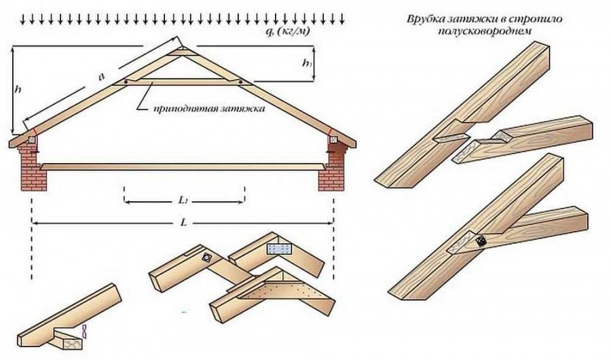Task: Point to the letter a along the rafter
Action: click(101, 77)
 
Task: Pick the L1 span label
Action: click(183, 202)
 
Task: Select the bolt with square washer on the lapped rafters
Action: click(206, 259)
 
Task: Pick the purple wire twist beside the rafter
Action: click(85, 331)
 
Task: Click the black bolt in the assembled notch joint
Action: click(481, 241)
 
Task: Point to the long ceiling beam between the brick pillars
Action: click(182, 166)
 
